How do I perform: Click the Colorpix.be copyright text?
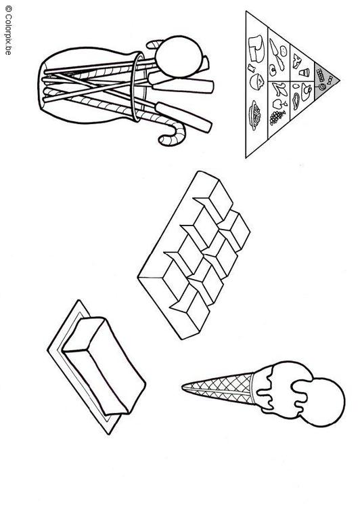tap(8, 30)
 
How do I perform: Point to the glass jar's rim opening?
tap(137, 87)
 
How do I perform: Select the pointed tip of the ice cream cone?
tap(183, 387)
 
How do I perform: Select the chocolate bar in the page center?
tap(194, 255)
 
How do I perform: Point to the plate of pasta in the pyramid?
tap(254, 115)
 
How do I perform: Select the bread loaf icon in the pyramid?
tap(256, 48)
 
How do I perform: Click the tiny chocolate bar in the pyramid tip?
tap(321, 75)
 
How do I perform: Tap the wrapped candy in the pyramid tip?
tap(330, 79)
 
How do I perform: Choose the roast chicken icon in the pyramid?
tap(305, 91)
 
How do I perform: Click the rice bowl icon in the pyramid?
tap(256, 81)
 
